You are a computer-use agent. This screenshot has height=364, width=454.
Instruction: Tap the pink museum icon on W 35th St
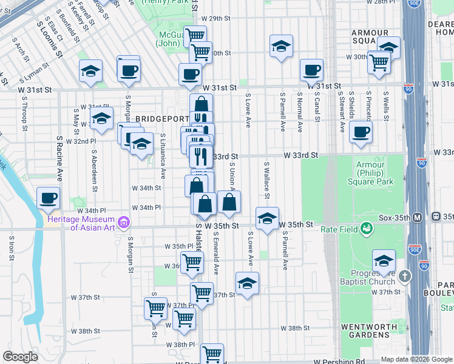(x=124, y=223)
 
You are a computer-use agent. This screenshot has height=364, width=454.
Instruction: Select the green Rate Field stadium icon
(x=366, y=228)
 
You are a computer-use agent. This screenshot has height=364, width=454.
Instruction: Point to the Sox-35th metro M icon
(x=418, y=217)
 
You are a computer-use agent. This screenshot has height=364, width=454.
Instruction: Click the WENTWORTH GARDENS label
(x=368, y=331)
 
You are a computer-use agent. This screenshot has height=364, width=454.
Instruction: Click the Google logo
(x=21, y=357)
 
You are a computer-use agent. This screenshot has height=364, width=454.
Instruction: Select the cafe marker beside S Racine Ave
(x=48, y=197)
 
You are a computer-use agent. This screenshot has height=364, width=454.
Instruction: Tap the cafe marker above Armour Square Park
(x=361, y=132)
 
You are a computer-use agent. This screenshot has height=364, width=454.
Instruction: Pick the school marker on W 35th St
(x=266, y=218)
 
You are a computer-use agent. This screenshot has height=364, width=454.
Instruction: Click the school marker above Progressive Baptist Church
(x=383, y=261)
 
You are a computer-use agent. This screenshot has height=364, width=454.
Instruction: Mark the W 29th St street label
(x=219, y=36)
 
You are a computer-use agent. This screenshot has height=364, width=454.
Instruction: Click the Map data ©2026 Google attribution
(x=415, y=359)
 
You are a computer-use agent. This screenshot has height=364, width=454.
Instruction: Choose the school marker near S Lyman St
(x=90, y=71)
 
